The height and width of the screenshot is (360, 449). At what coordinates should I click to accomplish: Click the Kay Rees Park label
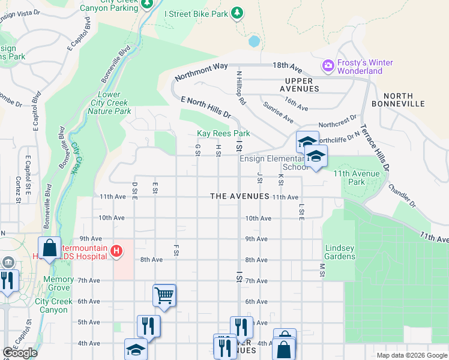point(223,133)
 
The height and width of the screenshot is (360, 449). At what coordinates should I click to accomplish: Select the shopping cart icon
point(164,295)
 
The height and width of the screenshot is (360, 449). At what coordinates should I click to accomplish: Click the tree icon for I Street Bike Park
point(238,13)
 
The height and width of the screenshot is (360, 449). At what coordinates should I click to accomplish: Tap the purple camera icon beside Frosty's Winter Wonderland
point(328,65)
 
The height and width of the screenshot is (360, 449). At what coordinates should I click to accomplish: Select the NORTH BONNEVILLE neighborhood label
point(406,100)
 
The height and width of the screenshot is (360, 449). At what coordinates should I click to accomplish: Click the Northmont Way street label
point(201,71)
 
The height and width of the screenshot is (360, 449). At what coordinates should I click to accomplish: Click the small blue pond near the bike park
point(255,41)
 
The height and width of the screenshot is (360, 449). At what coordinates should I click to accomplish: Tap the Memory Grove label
point(59,283)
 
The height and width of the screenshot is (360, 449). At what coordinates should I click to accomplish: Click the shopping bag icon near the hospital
point(50,248)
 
